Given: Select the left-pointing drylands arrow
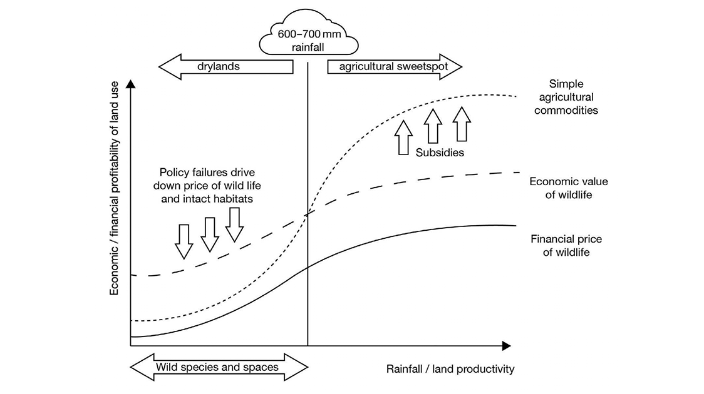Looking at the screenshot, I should pos(225,67).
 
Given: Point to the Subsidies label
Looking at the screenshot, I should pos(440,153).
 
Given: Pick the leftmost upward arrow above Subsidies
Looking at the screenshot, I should pos(404,136).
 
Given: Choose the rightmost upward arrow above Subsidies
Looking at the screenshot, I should pos(461,123).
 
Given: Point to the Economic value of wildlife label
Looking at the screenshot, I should pos(568,188).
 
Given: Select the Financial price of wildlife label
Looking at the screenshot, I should pos(562,246).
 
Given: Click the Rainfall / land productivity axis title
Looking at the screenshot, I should pos(450,369).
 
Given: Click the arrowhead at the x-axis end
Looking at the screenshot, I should pos(506,346).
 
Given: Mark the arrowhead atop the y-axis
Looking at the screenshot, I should pos(130,84).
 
